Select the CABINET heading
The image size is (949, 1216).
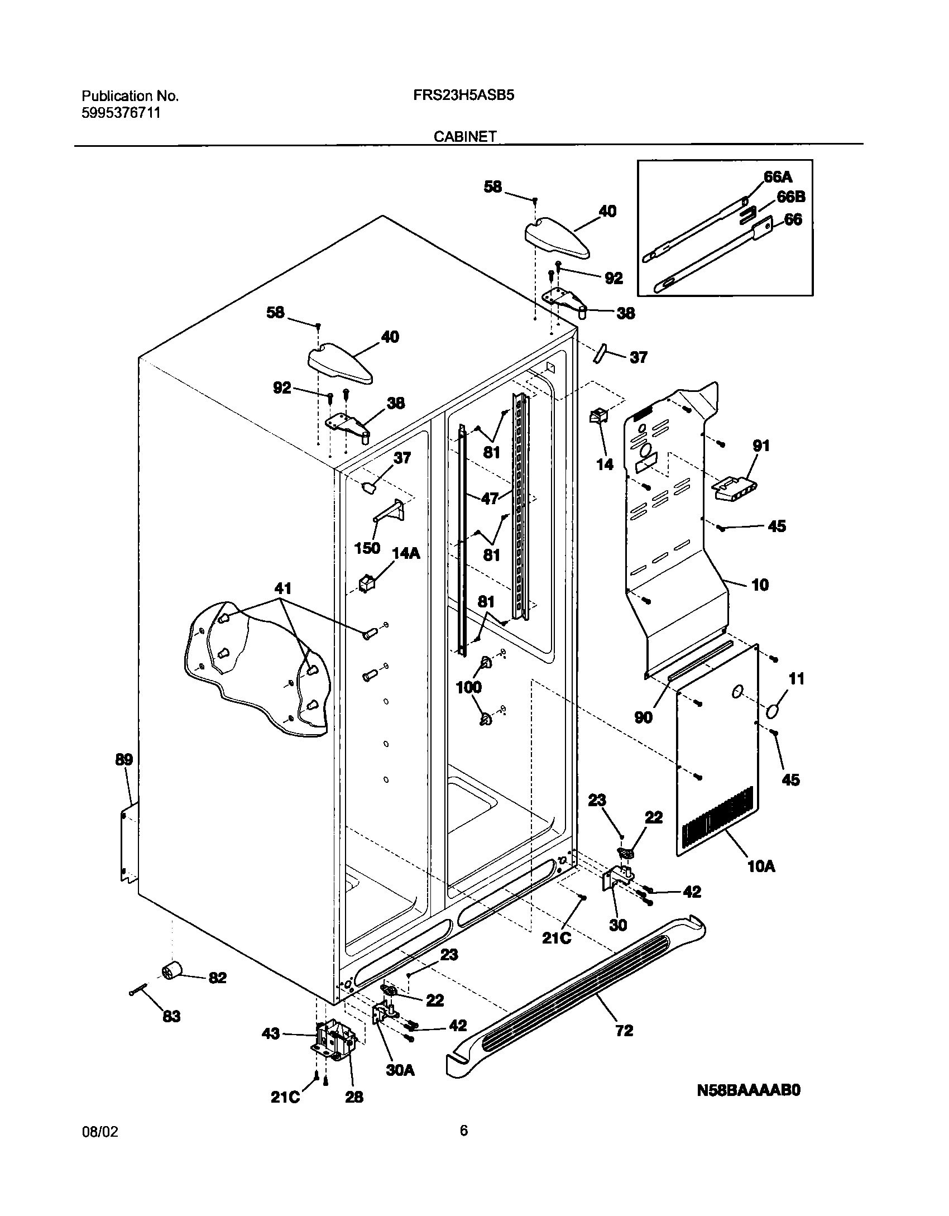464,137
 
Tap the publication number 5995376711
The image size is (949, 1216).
121,113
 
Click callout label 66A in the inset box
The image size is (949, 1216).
778,177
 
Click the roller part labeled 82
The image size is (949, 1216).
172,972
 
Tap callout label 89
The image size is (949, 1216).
124,759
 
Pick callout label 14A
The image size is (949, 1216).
406,553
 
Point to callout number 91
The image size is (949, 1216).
761,446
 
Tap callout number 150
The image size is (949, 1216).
367,548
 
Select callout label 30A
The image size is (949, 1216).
400,1070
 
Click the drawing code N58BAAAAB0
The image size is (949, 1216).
748,1090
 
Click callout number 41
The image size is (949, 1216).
282,588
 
